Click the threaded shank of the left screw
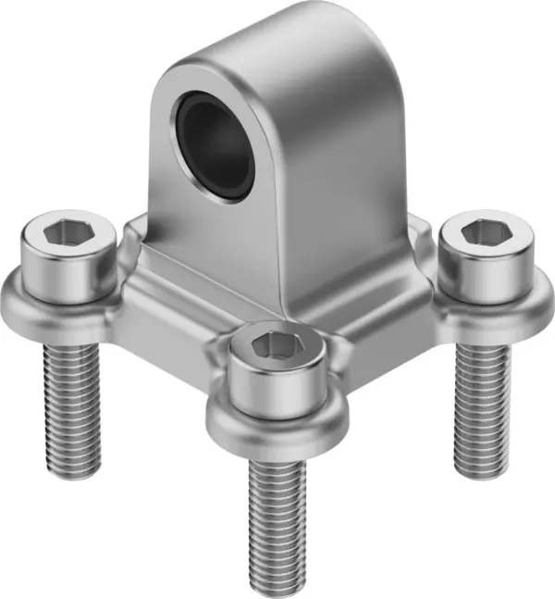pos(71,398)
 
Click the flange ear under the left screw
pos(28,306)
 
